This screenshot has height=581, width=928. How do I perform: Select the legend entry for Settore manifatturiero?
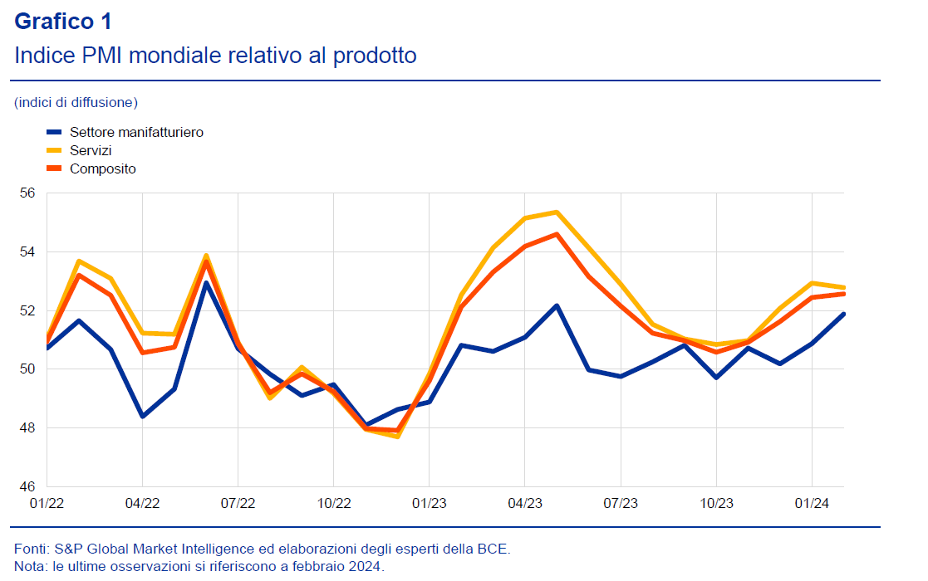tap(136, 132)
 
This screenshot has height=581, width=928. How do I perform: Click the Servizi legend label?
tap(91, 150)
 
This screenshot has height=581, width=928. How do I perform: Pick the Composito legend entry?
tap(102, 168)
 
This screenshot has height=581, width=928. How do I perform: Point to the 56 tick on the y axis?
tap(27, 193)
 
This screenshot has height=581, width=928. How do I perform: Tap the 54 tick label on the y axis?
tap(27, 251)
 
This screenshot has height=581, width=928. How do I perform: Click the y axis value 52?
tap(27, 310)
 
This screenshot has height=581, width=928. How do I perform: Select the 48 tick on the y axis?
tap(27, 428)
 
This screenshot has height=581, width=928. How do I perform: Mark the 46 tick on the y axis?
tap(27, 486)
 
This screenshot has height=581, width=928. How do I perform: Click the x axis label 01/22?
tap(47, 503)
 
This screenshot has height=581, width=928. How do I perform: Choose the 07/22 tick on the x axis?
tap(238, 503)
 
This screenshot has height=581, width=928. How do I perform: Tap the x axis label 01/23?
tap(429, 503)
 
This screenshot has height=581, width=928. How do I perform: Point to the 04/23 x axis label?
tap(524, 503)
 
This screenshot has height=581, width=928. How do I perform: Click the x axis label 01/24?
tap(811, 503)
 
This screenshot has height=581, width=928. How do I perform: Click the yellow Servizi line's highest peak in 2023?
tap(557, 212)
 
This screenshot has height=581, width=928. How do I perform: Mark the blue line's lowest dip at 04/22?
tap(142, 416)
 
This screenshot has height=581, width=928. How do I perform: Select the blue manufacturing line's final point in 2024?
tap(843, 314)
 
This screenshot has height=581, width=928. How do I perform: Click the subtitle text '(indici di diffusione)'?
tap(76, 103)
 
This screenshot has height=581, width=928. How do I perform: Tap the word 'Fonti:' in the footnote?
tap(32, 549)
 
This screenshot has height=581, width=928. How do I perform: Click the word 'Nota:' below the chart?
tap(31, 566)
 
